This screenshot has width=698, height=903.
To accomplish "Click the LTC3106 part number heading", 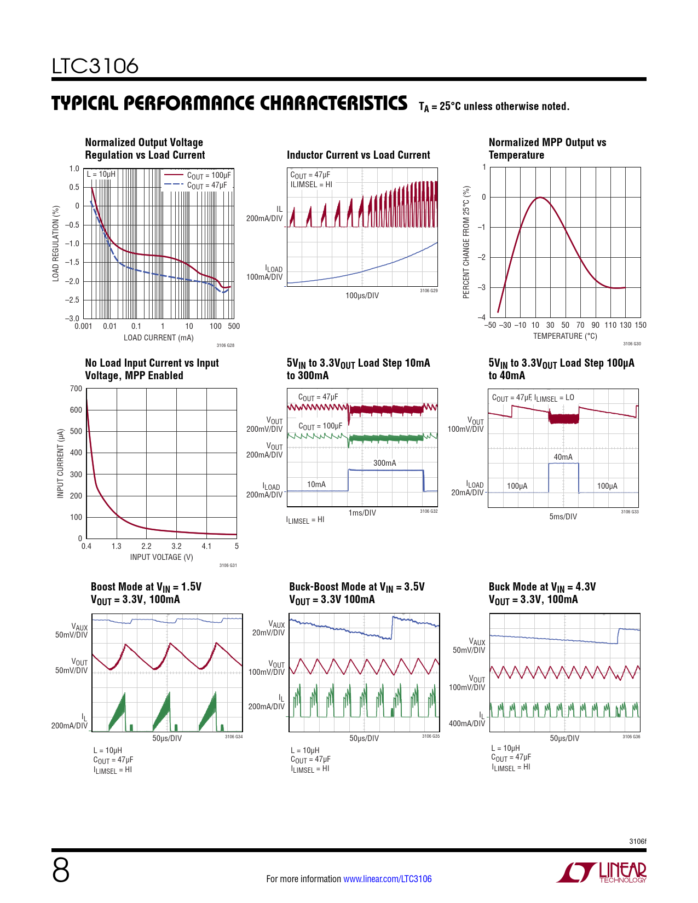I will (x=95, y=66).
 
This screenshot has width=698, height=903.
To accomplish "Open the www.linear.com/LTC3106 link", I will (x=387, y=879).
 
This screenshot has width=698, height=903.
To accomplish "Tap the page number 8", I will (x=61, y=870).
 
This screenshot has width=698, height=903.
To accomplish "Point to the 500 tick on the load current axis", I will (x=234, y=326).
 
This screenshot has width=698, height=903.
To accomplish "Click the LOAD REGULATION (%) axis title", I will (x=56, y=244).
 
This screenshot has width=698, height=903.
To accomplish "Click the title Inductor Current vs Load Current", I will (x=359, y=155).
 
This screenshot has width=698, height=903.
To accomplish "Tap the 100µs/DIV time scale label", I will (x=362, y=296).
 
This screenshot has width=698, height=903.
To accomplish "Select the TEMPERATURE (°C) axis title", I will (x=565, y=336).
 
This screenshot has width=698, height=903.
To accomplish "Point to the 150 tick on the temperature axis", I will (x=640, y=325).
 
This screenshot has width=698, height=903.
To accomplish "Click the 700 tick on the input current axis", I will (x=76, y=389).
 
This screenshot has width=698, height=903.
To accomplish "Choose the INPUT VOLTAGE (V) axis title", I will (x=161, y=557).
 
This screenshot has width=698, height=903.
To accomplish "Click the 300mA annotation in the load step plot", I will (x=384, y=463).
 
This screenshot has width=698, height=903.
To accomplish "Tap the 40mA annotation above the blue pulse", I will (x=563, y=457).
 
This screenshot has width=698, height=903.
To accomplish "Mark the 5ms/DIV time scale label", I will (x=563, y=517).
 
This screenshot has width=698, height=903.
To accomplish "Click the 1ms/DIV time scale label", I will (x=362, y=513).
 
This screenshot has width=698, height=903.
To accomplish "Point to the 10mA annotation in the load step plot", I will (x=316, y=484).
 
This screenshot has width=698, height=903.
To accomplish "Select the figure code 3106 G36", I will (x=631, y=737).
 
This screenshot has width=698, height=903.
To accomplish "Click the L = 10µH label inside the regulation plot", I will (x=101, y=175).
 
